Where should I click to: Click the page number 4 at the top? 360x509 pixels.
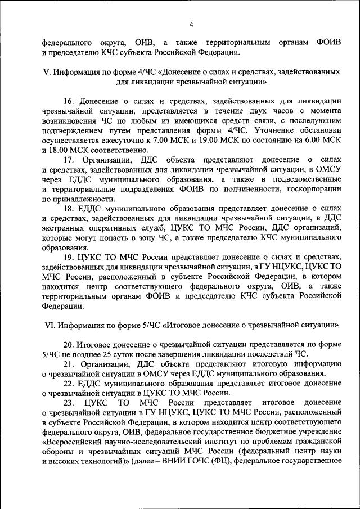191,24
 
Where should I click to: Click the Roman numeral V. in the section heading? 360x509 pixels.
47,73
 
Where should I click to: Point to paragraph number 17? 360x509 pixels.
69,159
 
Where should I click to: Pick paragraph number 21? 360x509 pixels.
69,364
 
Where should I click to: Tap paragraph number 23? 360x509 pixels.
69,403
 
